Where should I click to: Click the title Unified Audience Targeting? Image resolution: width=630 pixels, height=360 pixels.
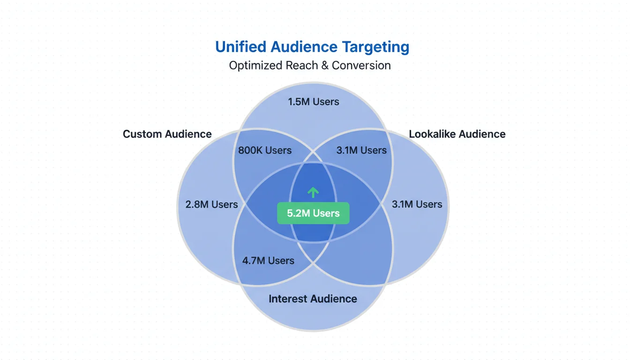(x=312, y=47)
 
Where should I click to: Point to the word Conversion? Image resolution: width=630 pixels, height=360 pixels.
(x=361, y=65)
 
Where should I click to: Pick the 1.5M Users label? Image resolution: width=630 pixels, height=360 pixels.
(x=313, y=102)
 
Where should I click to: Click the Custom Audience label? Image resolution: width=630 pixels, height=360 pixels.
(x=167, y=134)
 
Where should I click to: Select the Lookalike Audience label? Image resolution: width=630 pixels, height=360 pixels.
(x=457, y=134)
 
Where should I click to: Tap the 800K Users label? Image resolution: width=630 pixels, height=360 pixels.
(x=265, y=150)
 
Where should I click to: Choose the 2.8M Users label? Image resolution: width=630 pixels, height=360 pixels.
(x=212, y=204)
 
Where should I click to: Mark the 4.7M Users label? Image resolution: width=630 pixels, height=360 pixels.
(x=268, y=261)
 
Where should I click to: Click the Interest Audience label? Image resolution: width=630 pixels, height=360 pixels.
(x=313, y=299)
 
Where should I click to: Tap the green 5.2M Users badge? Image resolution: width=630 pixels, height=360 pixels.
(x=313, y=213)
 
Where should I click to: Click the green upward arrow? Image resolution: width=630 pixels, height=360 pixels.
(x=313, y=192)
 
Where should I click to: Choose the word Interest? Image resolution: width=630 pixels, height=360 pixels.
(x=287, y=299)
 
